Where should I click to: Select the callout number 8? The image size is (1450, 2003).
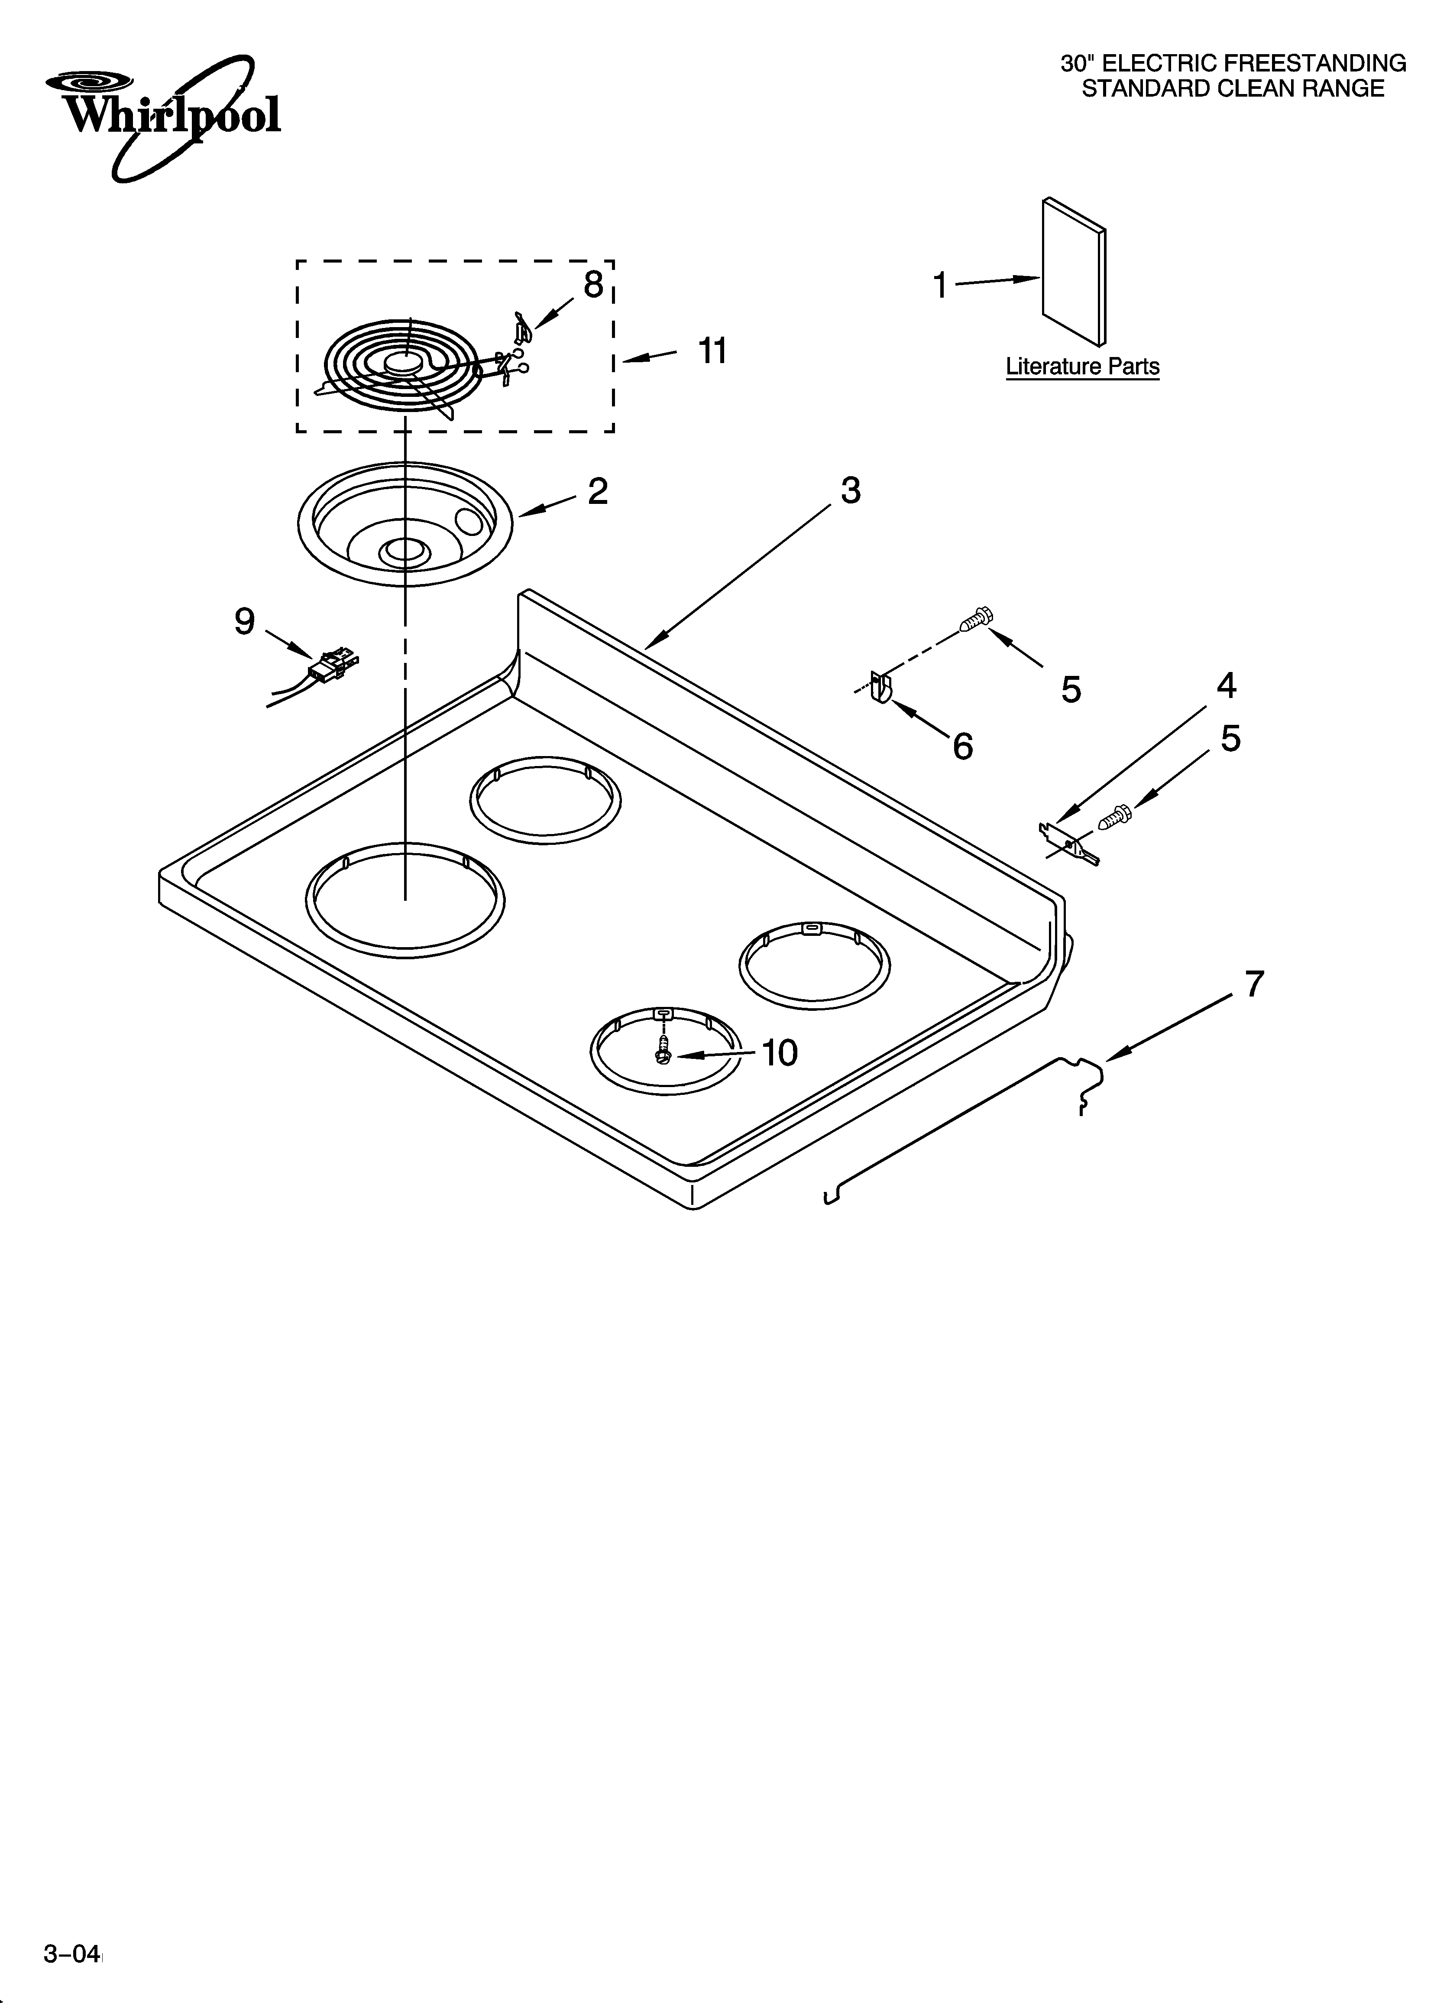click(x=593, y=284)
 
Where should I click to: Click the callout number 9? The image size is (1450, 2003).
click(x=245, y=622)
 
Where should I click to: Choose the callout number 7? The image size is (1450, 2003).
click(x=1254, y=983)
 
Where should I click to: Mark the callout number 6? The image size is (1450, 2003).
click(x=962, y=746)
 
